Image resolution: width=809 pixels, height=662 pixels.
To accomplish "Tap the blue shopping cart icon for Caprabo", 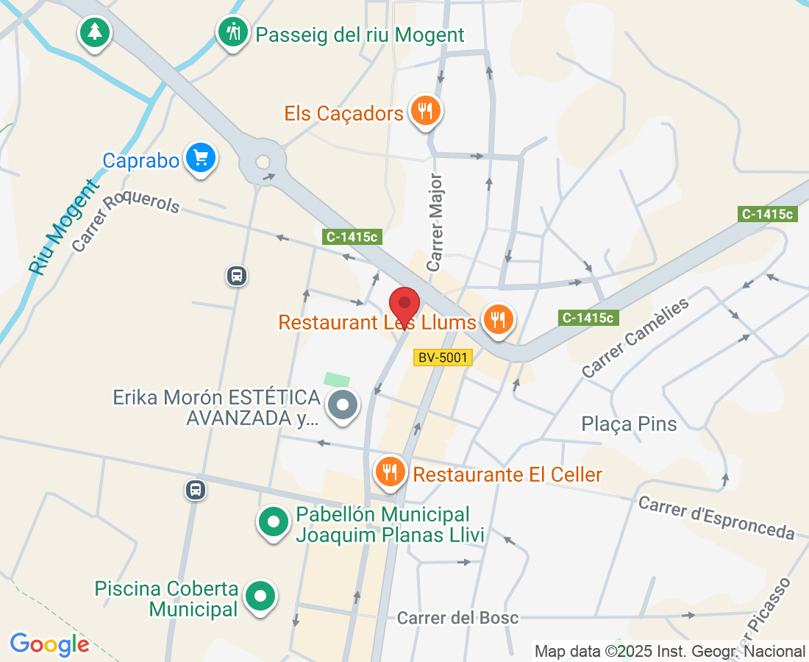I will pos(200,157).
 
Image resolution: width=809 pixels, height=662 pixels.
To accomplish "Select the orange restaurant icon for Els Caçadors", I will pos(425,110).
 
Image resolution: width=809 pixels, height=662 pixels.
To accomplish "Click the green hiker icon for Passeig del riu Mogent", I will pos(233,32).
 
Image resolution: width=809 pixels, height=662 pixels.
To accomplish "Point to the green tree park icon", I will pos(94,32).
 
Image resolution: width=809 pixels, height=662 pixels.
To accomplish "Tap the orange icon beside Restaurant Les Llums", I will pos(499,319).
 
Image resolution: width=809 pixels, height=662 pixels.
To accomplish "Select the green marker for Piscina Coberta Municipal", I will pos(260,596).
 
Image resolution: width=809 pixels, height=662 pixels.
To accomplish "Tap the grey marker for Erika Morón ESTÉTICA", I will pos(343,405).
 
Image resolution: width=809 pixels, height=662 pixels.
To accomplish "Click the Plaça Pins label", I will pos(629,424).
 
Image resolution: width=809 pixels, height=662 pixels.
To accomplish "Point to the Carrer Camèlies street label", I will pos(637,338).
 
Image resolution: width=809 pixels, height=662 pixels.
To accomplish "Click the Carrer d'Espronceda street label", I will pos(716,518).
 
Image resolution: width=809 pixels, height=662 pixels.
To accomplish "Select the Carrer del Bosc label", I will pos(457,618).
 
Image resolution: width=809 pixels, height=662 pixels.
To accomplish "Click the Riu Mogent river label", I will pos(65,228).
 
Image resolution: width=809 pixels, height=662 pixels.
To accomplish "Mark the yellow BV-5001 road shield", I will pos(442,357).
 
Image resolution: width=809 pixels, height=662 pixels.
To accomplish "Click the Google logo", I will pos(50,644).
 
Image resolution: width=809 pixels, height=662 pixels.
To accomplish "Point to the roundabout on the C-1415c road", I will pos(263,163).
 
